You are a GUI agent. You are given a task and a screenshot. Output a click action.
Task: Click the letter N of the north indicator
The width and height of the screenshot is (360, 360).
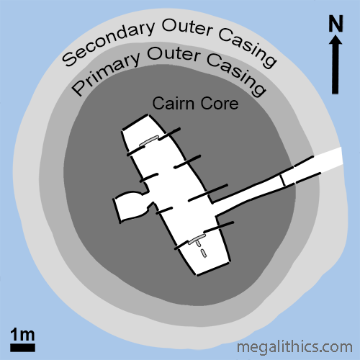coord(336,23)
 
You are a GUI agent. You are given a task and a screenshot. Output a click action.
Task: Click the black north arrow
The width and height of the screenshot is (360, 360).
coord(336,64)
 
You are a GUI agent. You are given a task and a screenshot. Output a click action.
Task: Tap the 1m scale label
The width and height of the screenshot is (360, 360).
coord(22,334)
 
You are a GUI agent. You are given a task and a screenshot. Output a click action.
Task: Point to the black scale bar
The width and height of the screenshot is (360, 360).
coord(22,348)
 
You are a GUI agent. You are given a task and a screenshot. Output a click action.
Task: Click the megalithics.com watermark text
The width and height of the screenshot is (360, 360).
coord(294,347)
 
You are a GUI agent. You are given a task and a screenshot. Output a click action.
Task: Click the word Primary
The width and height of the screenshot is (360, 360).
coord(106,72)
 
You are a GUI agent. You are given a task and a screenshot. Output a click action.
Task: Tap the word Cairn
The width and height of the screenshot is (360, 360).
coord(174,104)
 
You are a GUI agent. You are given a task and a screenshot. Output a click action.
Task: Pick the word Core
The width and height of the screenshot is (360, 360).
coord(220,104)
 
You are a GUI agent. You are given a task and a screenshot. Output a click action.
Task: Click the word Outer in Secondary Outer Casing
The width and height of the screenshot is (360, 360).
coord(187,27)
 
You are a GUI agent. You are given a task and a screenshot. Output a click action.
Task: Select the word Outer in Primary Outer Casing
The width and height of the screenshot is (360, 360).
coord(174,54)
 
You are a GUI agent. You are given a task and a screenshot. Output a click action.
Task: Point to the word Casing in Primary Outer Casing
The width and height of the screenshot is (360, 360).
coord(237,74)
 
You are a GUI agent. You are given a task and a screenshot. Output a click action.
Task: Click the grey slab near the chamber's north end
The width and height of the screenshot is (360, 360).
coord(149,141)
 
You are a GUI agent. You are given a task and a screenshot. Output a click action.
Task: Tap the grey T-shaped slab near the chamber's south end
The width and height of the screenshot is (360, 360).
coord(197,240)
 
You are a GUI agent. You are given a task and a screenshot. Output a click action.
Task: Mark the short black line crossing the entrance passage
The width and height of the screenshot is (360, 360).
coord(282,180)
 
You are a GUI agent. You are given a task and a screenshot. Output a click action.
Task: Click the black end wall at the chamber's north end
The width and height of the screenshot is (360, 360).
coord(135,122)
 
